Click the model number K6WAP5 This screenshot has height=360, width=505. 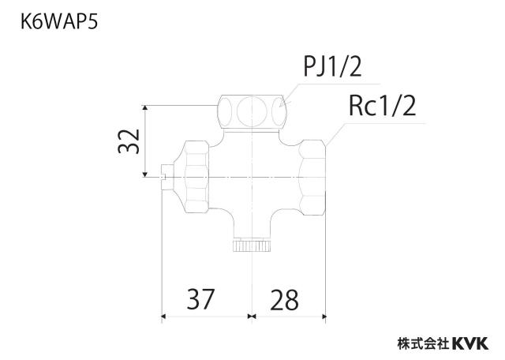pos(59,22)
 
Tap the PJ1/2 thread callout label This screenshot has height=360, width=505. pos(332,67)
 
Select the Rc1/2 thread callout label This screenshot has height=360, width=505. pos(382,106)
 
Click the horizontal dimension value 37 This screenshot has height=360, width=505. pos(200,299)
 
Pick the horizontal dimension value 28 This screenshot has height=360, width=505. pos(284,300)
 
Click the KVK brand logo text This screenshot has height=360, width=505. pos(470,343)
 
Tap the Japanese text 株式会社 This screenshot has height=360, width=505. pos(425,343)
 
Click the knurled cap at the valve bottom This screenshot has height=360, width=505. pos(252,246)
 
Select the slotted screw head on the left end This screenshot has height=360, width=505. pos(167,177)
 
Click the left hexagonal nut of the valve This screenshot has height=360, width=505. pos(196,176)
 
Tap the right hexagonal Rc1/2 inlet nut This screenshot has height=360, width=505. pos(312,178)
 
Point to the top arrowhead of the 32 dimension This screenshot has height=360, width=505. pos(145,108)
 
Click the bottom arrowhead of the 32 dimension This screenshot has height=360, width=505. pos(145,174)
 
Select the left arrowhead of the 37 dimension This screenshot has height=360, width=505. pos(163,317)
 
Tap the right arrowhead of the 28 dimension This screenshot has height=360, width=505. pos(324,317)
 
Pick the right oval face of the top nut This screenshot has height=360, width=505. pos(279,111)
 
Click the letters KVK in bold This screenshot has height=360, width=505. pos(470,343)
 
